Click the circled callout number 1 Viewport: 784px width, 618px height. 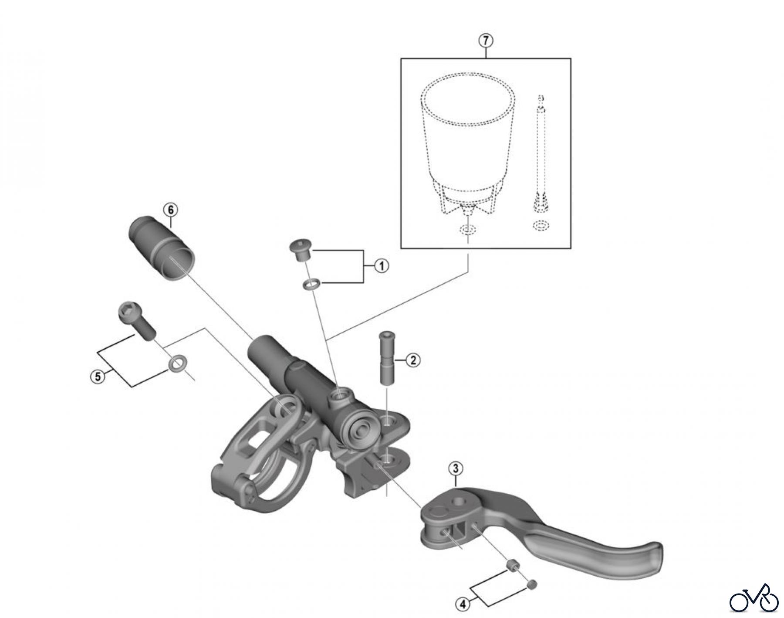(x=382, y=266)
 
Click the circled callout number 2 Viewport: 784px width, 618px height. (x=413, y=360)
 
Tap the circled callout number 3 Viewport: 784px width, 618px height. (x=455, y=469)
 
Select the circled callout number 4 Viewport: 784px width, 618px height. (x=463, y=604)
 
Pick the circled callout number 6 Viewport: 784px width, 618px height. (x=171, y=210)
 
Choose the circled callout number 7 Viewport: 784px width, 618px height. (x=486, y=41)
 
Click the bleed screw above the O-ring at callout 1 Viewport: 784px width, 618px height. (x=299, y=250)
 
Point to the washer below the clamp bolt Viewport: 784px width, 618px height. (x=176, y=363)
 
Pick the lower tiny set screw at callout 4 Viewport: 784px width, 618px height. (x=532, y=584)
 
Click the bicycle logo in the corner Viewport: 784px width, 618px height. (x=754, y=598)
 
